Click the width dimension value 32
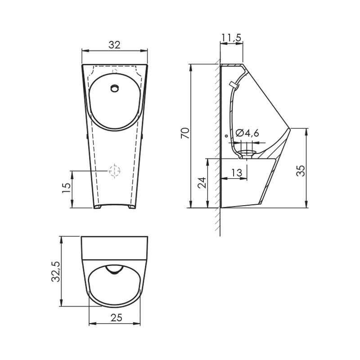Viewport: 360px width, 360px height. pos(115,45)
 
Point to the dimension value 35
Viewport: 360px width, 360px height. pos(301,170)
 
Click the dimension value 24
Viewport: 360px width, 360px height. pos(202,182)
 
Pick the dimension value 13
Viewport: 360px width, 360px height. pos(237,173)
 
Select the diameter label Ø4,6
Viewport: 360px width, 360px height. pos(247,133)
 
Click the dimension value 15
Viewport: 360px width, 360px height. pos(66,188)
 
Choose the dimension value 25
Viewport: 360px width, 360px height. pos(116,317)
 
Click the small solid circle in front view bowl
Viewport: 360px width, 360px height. pos(115,88)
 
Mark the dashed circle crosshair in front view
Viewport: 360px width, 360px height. pos(115,171)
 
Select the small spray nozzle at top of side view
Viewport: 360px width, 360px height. pos(234,84)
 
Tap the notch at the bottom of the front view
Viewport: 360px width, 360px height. pos(115,207)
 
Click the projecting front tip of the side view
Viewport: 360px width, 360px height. pos(289,128)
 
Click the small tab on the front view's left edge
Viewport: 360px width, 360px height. pos(85,135)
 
